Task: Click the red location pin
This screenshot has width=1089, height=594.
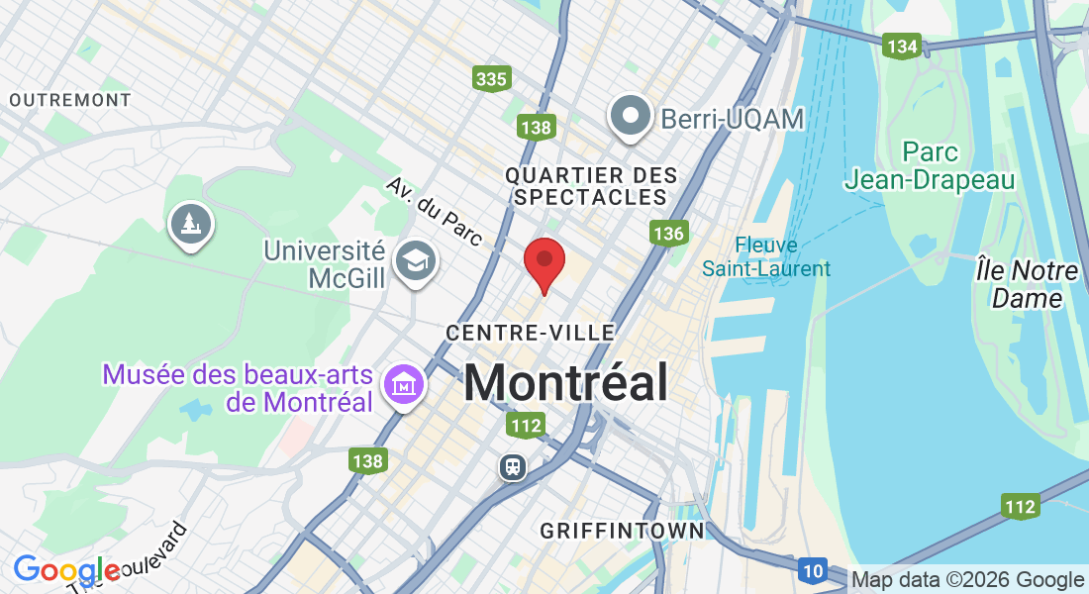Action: click(x=544, y=261)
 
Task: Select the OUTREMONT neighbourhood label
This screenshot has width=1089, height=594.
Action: click(x=69, y=100)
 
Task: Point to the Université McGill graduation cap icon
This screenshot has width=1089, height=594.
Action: click(x=414, y=262)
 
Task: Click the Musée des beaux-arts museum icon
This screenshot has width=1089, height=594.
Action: click(x=404, y=384)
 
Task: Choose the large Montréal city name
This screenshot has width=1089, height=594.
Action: click(x=565, y=382)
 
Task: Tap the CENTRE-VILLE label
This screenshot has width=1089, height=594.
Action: click(x=531, y=333)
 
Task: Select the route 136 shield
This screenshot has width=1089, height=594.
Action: click(x=668, y=234)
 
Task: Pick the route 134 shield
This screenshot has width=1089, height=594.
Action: click(x=903, y=47)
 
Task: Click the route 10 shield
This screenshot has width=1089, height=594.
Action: click(x=813, y=569)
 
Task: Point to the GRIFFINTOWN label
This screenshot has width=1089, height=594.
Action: click(x=622, y=532)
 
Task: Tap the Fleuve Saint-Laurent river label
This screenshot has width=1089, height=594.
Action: click(x=766, y=256)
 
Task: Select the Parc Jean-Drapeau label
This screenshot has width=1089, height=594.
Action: click(x=930, y=166)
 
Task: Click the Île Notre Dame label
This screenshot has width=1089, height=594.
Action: click(x=1027, y=284)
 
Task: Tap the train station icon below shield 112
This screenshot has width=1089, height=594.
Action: click(x=513, y=466)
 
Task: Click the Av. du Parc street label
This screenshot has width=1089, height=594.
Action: click(x=434, y=212)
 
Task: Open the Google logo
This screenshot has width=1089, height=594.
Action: click(x=65, y=571)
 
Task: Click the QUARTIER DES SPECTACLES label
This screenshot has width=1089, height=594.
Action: click(x=591, y=186)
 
